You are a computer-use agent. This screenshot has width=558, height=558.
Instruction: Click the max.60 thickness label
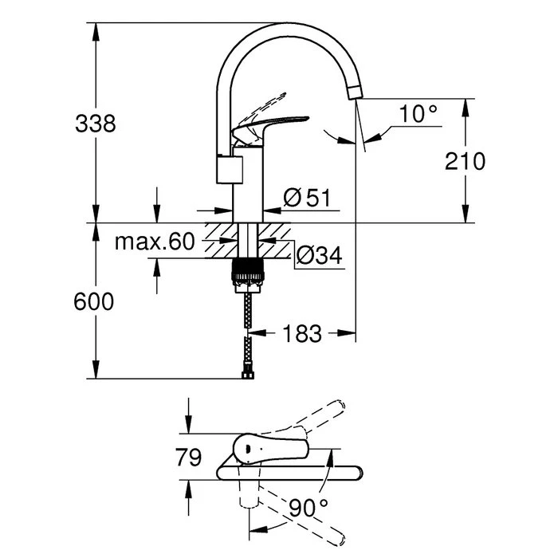[154, 242]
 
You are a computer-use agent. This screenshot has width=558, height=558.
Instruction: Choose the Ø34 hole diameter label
[319, 255]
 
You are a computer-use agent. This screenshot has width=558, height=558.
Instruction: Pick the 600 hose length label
[94, 302]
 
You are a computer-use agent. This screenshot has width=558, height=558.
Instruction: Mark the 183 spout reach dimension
[302, 334]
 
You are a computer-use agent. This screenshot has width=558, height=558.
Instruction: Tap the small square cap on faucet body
[230, 169]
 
